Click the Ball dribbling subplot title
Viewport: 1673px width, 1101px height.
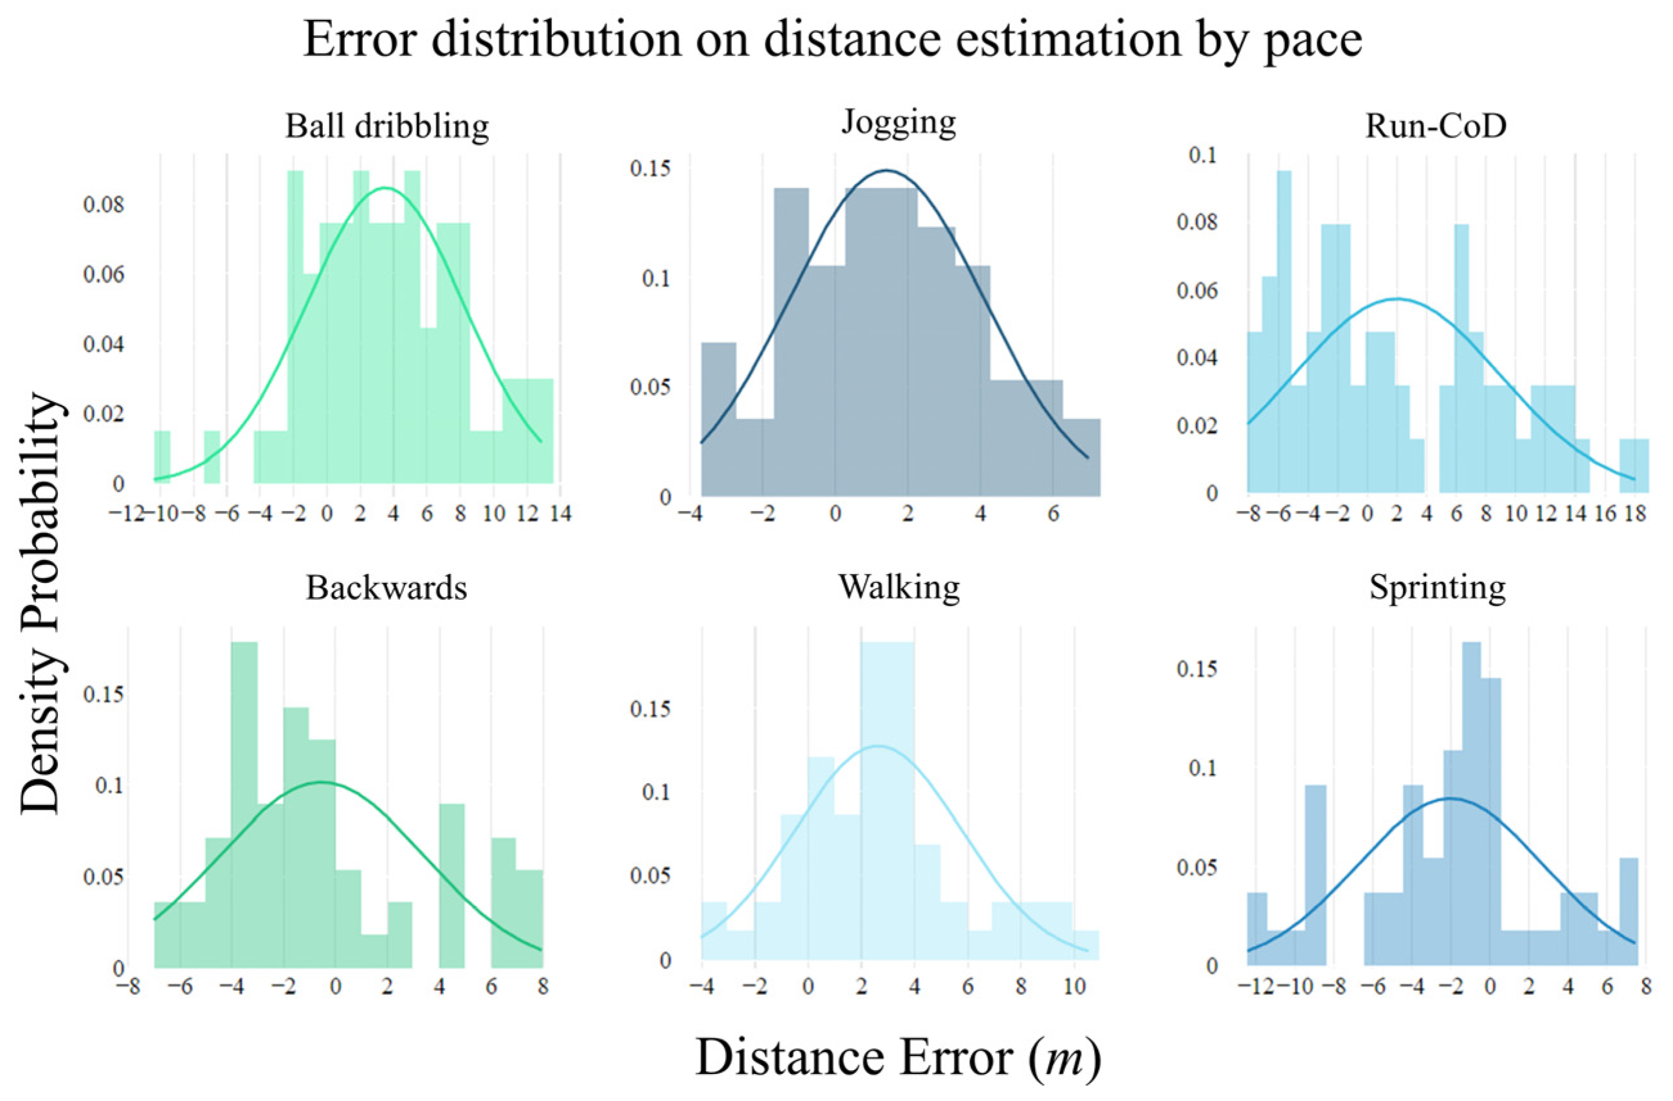(387, 127)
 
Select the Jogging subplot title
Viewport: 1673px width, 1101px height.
(899, 122)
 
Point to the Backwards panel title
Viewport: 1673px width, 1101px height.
(386, 587)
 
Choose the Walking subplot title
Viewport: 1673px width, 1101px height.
(899, 587)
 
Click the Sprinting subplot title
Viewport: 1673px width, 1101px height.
(1438, 587)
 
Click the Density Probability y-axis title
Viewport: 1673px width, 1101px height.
(40, 603)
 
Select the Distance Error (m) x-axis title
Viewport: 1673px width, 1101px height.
(899, 1058)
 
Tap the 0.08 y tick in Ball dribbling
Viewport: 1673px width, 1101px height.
(104, 205)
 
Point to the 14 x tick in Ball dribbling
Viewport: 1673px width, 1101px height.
(560, 513)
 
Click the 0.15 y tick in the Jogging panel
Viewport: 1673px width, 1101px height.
(650, 169)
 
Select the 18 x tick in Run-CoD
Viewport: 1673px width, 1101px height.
(1636, 513)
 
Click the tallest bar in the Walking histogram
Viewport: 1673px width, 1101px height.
(887, 802)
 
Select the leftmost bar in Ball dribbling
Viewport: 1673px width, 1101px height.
(161, 457)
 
